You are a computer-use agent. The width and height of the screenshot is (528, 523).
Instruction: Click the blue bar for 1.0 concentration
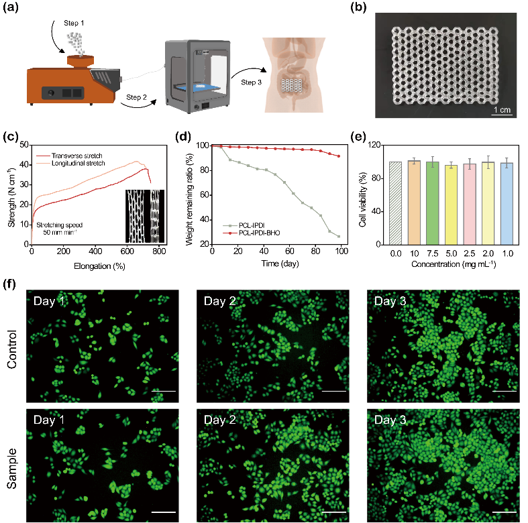click(x=507, y=203)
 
